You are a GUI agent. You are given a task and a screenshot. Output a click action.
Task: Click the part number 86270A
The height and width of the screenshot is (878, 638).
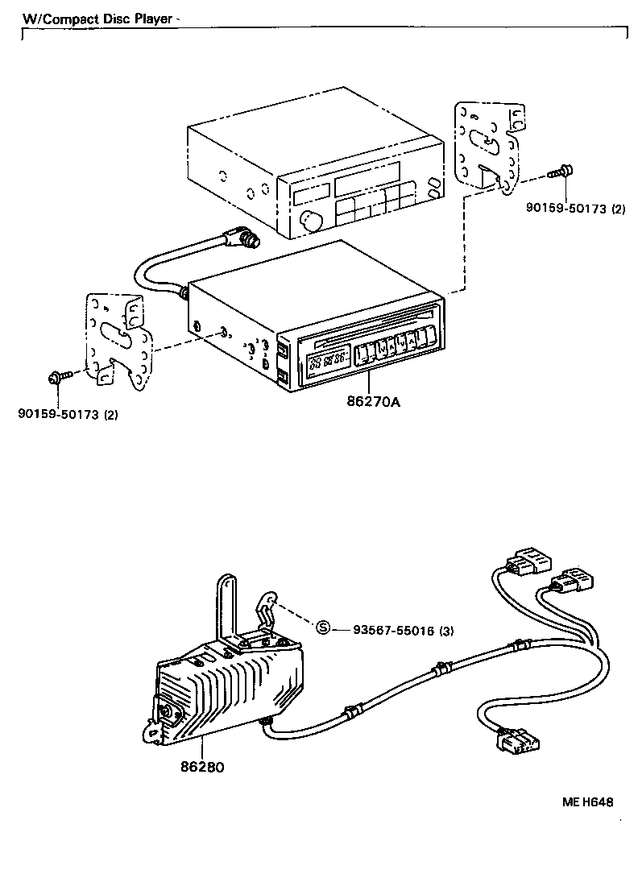pos(373,400)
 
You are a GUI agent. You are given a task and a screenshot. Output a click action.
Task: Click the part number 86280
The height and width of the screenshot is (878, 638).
pos(201,767)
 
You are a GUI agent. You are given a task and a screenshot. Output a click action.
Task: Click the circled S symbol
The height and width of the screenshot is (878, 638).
pos(323,629)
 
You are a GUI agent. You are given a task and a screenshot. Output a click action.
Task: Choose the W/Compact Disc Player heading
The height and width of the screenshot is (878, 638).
pos(97,19)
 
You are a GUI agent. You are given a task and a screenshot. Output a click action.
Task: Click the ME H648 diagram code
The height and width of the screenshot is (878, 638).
pos(587,802)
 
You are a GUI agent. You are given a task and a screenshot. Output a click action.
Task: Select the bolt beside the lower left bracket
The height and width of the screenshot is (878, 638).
pos(58,375)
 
